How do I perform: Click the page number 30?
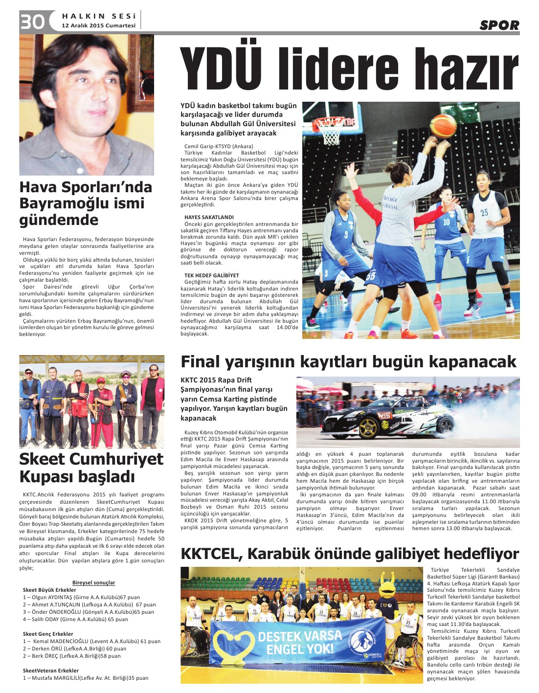tap(32, 22)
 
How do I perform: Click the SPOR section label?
tap(499, 25)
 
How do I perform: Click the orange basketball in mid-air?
tap(442, 125)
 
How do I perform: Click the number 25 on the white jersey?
tap(484, 212)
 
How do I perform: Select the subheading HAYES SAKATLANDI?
tap(209, 217)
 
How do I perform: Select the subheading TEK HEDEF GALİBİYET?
tap(212, 275)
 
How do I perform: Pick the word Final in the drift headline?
tap(201, 362)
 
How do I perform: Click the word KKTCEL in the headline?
tap(212, 554)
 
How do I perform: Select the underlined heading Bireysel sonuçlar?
tap(93, 582)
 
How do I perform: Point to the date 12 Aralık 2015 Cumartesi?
tap(98, 25)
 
